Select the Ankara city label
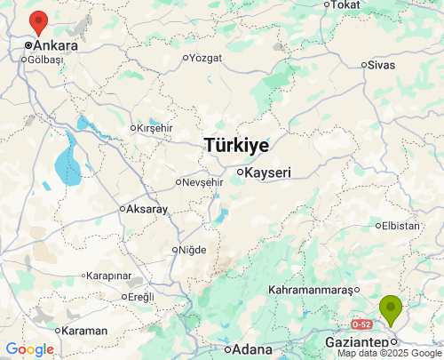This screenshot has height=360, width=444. pos(55,44)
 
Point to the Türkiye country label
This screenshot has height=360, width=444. pos(236,144)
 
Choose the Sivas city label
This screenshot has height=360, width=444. pos(381,64)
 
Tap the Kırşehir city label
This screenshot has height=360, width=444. pos(157,128)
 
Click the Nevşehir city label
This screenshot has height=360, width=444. pos(202,182)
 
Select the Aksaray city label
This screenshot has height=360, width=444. pos(147,209)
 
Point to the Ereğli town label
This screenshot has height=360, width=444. pos(141,296)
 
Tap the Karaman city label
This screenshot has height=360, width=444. pos(85,331)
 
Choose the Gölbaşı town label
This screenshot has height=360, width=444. pos(46,60)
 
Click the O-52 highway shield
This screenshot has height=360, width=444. pos(361,324)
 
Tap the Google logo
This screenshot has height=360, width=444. pos(29,349)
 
